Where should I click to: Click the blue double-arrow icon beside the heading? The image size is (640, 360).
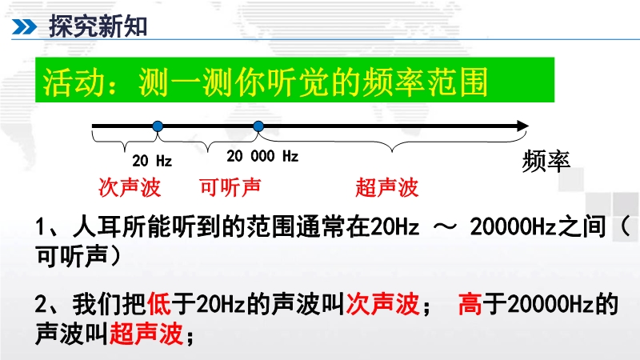(25, 27)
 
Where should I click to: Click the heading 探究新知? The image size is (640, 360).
(98, 26)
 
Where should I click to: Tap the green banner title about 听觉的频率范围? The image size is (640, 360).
(266, 82)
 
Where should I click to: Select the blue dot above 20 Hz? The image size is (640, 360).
(158, 126)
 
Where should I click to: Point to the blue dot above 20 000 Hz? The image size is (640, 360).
(258, 126)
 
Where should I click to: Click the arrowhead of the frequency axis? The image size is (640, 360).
(523, 126)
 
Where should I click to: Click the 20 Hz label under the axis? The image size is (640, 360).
(152, 161)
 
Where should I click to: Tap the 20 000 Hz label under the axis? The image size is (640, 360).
(262, 156)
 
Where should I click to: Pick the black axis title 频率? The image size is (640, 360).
(546, 161)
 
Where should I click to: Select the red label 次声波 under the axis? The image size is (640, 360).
(130, 188)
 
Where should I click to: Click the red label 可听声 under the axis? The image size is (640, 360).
(230, 188)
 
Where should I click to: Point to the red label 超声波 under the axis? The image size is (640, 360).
(387, 188)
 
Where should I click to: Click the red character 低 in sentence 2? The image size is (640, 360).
(158, 304)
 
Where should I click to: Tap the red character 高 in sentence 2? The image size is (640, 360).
(470, 304)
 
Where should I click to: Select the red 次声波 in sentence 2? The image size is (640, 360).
(382, 304)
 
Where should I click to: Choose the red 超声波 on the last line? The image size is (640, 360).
(146, 334)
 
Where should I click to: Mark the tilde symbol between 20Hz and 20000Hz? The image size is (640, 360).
(445, 227)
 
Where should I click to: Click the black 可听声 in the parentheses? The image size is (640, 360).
(72, 256)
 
